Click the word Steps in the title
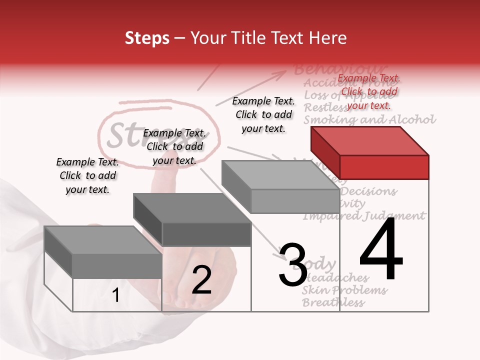tap(147, 38)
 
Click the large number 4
tap(381, 250)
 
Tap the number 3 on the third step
tap(293, 265)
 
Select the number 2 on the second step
tap(201, 280)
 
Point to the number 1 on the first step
tap(116, 295)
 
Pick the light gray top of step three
tap(280, 175)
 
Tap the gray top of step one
tap(102, 240)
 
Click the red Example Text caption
tap(369, 91)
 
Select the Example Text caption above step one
tap(87, 175)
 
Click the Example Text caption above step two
tap(174, 146)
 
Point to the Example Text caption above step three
tap(263, 114)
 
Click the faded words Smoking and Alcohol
tap(370, 120)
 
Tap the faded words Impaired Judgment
tap(364, 216)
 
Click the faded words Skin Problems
tap(345, 290)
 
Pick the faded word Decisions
tap(369, 191)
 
